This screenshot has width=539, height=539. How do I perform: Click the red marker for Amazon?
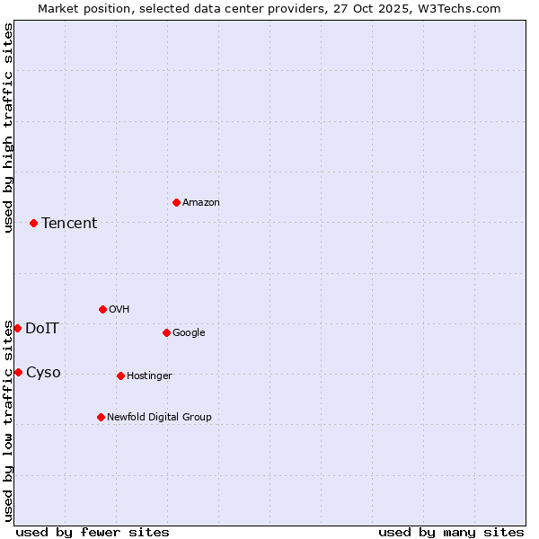(176, 202)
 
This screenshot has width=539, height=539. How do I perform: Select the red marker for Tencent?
(33, 223)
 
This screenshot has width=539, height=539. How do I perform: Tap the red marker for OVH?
(102, 309)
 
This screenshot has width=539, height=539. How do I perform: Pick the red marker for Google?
(166, 332)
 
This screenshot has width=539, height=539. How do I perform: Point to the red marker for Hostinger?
(120, 376)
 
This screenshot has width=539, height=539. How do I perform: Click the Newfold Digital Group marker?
(101, 417)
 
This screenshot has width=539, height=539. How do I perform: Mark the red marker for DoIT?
(17, 328)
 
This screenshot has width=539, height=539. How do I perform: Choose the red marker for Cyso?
(18, 372)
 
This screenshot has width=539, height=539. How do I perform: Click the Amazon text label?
(201, 203)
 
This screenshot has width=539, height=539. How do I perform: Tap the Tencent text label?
(69, 224)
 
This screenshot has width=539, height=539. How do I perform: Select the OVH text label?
(119, 310)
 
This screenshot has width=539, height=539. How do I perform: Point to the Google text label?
(189, 333)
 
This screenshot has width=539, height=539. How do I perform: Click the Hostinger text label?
(149, 376)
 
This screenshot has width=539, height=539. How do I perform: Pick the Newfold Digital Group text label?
(159, 418)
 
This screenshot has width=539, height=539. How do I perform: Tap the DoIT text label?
(42, 329)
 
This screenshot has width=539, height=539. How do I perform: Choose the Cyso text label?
(43, 373)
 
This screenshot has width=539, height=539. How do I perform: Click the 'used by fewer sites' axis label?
(93, 532)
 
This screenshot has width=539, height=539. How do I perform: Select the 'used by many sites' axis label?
(451, 532)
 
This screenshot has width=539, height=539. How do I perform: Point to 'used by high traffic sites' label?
(8, 128)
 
